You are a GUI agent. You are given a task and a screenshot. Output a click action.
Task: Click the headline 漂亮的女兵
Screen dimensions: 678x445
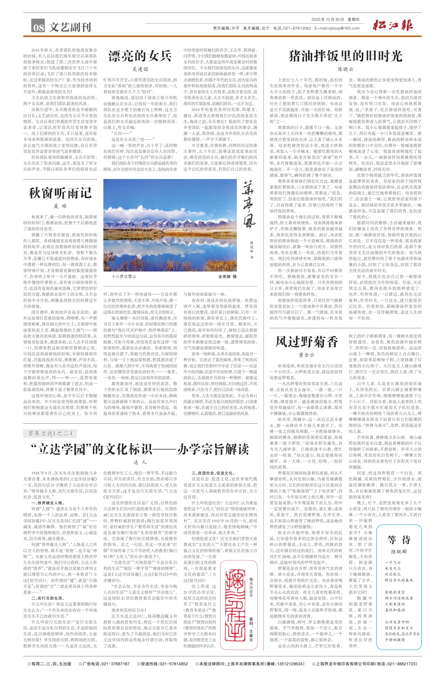point(140,56)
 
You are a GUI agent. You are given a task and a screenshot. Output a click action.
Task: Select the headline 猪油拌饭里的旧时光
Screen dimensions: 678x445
point(346,56)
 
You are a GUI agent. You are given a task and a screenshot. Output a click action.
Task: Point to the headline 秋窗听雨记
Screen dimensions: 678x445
point(60,193)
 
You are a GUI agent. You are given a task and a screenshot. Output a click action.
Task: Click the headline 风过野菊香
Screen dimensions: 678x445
point(307,342)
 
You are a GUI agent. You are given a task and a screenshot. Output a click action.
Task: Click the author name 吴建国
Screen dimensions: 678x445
point(140,70)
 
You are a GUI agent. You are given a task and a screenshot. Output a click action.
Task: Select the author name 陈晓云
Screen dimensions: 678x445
point(346,70)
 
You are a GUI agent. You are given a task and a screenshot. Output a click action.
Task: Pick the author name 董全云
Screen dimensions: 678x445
point(306,355)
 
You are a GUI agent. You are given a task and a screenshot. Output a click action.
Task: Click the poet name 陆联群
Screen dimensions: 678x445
point(399,551)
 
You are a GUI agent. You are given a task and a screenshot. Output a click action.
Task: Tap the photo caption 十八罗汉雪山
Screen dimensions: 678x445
point(123,276)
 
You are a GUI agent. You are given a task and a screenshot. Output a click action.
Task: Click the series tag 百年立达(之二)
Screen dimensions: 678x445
point(50,433)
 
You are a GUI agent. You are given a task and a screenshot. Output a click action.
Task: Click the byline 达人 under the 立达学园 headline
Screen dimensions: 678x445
point(140,462)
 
